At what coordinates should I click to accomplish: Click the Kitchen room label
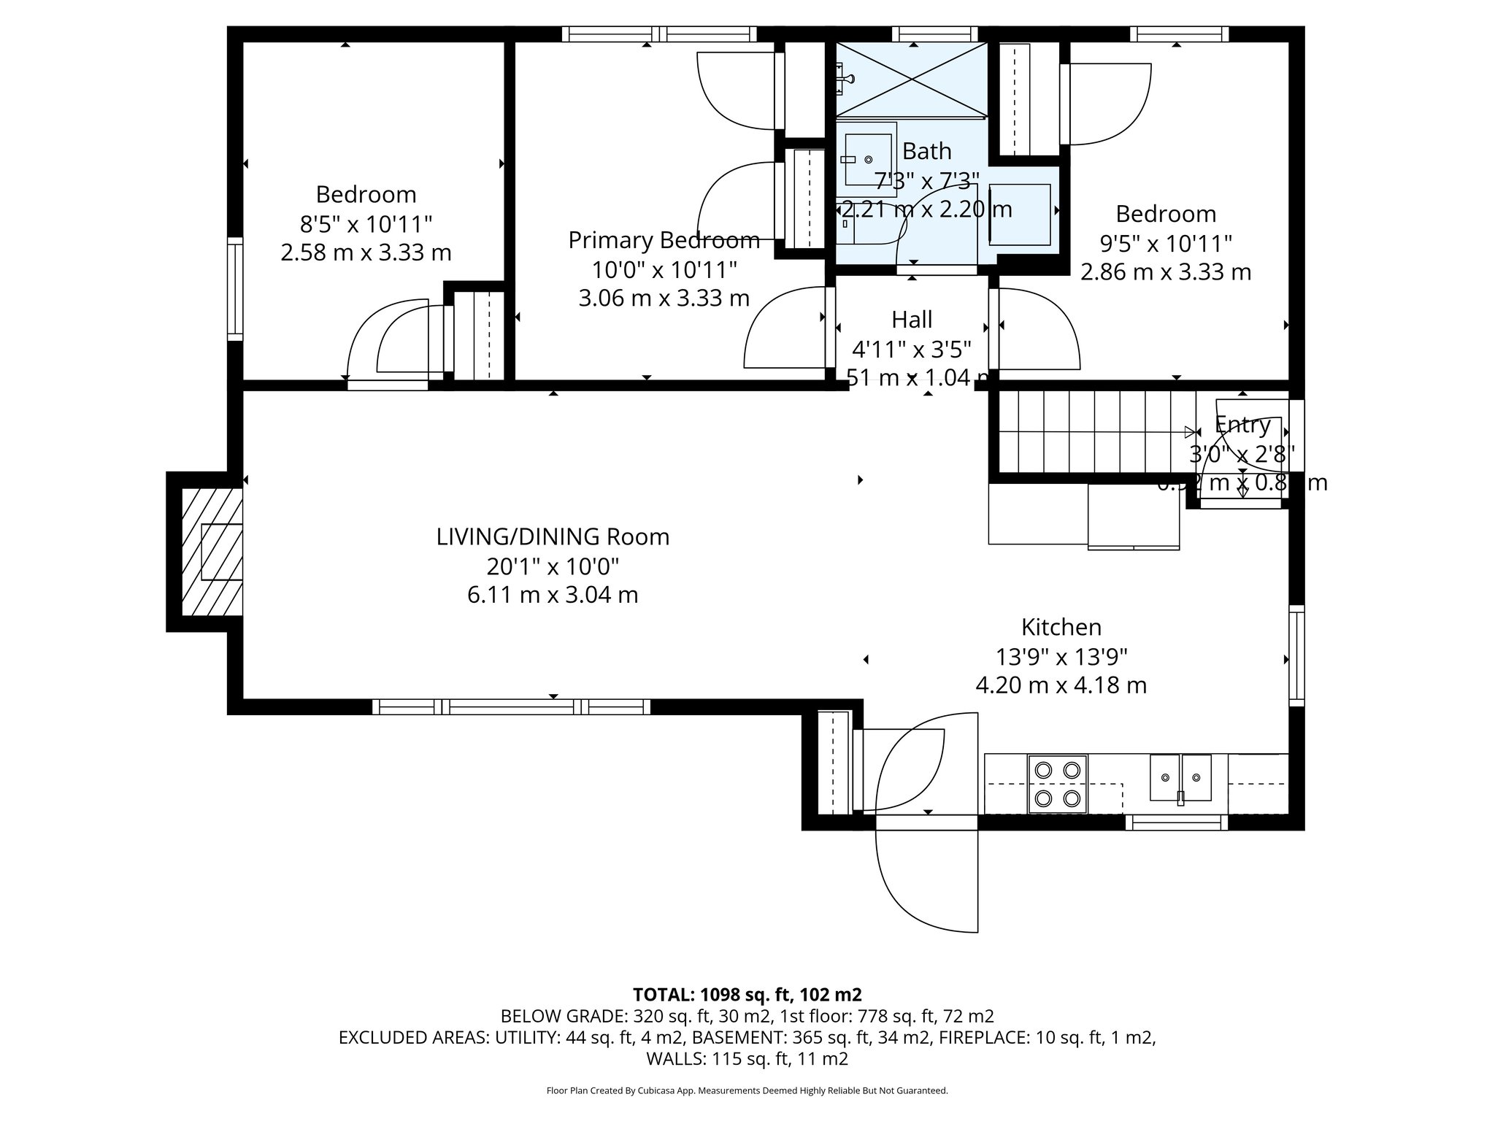click(x=1061, y=627)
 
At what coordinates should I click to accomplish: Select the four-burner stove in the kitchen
click(x=1057, y=784)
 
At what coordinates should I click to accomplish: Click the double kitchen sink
click(x=1180, y=778)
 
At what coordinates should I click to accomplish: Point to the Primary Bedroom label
click(x=664, y=240)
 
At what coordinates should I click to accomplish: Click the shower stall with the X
click(x=911, y=79)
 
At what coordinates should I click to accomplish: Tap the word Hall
click(x=912, y=320)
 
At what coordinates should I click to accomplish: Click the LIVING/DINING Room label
click(x=553, y=537)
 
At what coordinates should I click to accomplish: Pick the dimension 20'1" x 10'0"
click(x=553, y=566)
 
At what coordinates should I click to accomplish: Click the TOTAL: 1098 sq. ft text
click(x=747, y=995)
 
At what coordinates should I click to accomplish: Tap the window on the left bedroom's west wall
click(x=234, y=288)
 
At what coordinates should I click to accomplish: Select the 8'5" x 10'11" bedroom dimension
click(x=366, y=223)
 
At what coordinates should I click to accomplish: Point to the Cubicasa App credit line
click(x=747, y=1091)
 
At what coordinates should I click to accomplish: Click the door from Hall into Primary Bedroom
click(x=785, y=328)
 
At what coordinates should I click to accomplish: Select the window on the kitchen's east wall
click(x=1296, y=655)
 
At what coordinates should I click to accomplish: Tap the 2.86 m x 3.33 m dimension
click(x=1165, y=272)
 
